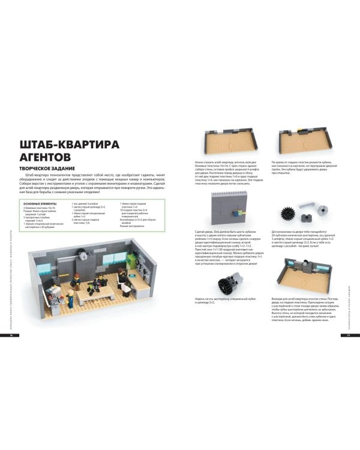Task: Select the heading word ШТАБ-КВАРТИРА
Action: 70,144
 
